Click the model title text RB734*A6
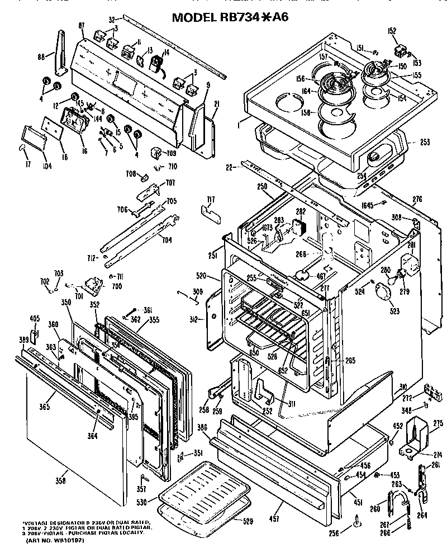point(230,17)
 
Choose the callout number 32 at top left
point(112,18)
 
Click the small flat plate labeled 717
point(211,213)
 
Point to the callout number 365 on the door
point(45,407)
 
